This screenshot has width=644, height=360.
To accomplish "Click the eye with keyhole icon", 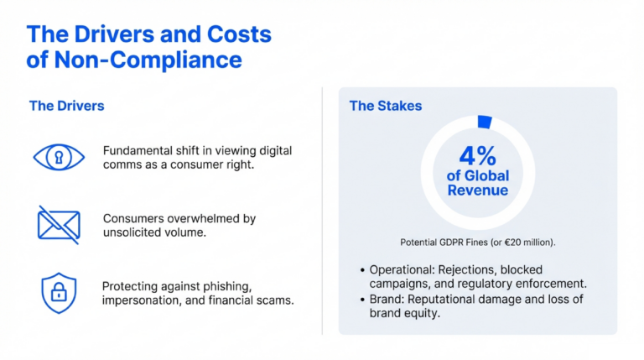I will [58, 157].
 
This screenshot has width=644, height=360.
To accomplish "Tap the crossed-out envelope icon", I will [58, 224].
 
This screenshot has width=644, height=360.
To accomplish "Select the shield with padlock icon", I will [58, 292].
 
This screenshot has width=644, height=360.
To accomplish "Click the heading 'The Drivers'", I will [66, 106].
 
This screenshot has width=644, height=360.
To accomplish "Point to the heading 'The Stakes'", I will [386, 106].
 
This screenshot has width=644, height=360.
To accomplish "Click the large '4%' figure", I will [477, 156].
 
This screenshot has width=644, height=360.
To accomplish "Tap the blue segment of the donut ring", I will [483, 122].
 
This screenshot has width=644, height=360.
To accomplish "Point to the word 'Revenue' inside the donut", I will [478, 191].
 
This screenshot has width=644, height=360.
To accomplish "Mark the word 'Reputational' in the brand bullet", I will [460, 299].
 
